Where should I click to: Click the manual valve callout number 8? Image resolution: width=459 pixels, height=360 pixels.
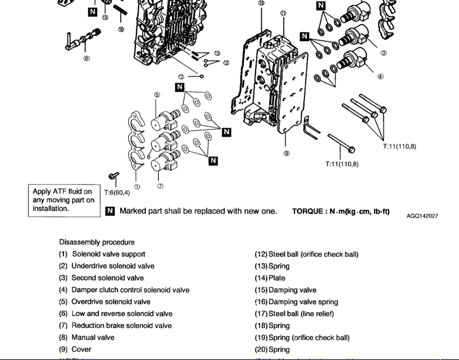(x=87, y=59)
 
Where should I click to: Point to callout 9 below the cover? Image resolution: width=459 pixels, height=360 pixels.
(x=287, y=153)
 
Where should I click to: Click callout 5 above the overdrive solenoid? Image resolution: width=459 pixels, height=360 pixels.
(x=157, y=94)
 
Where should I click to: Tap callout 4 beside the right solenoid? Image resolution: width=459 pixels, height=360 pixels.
(x=380, y=77)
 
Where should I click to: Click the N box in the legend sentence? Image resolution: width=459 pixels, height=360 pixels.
(x=110, y=211)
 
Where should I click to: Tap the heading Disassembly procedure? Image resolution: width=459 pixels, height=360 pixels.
(x=97, y=242)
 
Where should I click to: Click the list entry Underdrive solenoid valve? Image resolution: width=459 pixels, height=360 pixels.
(x=112, y=266)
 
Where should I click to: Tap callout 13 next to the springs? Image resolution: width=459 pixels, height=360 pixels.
(x=217, y=53)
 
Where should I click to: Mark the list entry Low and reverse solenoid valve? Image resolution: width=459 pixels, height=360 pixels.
(x=121, y=313)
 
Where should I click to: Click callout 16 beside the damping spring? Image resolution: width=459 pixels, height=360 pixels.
(x=121, y=29)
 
